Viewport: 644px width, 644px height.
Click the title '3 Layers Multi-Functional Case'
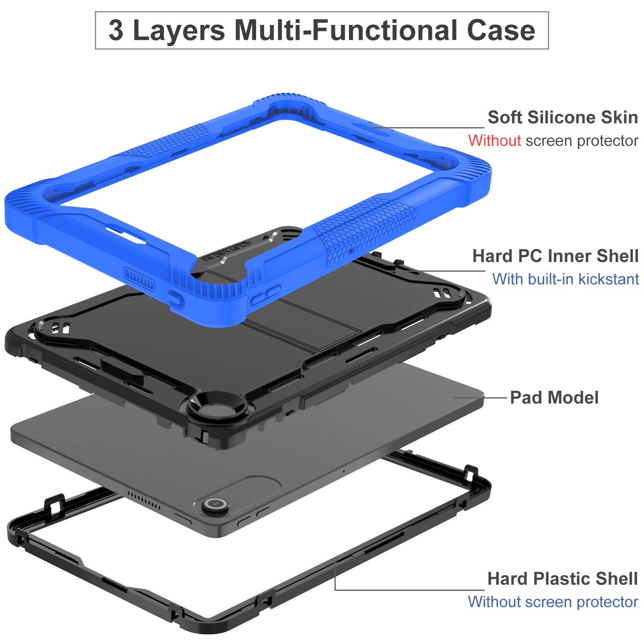(x=322, y=31)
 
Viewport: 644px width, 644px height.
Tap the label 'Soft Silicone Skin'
(x=562, y=118)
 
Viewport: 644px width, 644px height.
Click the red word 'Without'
(x=494, y=141)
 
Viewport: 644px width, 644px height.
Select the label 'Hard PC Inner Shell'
(x=555, y=256)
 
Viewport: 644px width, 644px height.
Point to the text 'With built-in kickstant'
(x=566, y=279)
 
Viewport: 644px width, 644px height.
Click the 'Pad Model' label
(x=554, y=398)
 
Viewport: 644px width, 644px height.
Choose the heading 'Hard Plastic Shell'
(x=562, y=579)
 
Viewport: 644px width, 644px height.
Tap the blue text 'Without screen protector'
(x=553, y=602)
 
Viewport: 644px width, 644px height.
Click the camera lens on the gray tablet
(x=216, y=504)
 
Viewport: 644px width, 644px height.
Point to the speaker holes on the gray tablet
(x=144, y=499)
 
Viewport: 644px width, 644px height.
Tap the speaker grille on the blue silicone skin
(x=139, y=278)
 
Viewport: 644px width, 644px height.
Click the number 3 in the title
(x=116, y=31)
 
